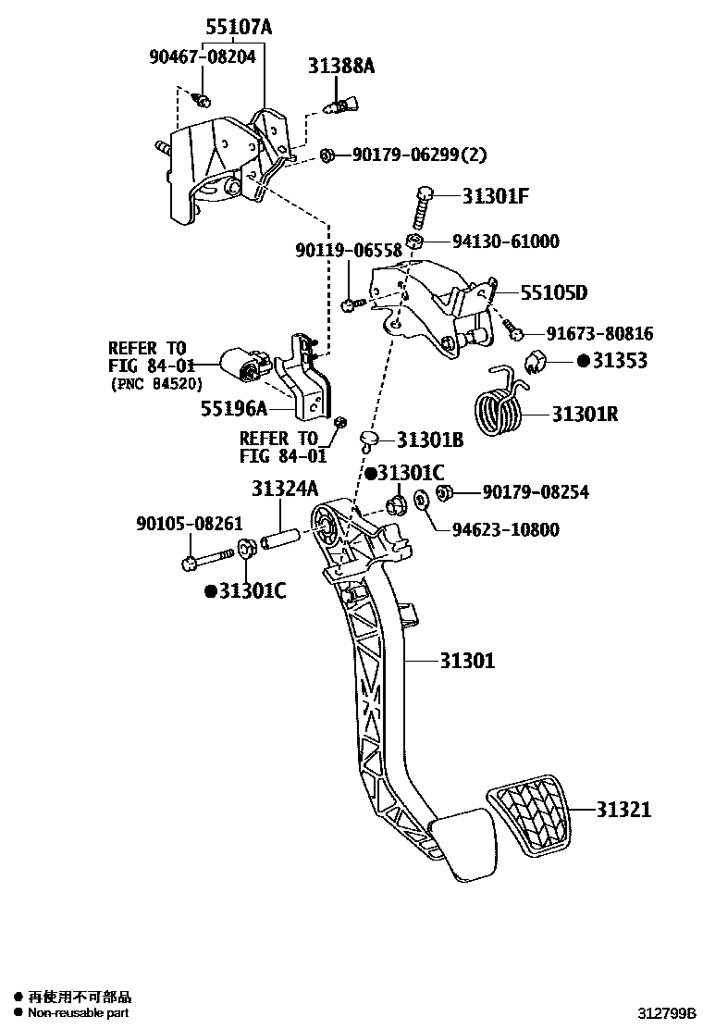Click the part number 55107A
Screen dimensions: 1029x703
239,29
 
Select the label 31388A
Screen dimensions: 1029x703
342,66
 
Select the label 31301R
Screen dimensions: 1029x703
585,414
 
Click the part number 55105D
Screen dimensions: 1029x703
553,293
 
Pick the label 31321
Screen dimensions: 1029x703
623,810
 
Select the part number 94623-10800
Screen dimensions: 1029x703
505,529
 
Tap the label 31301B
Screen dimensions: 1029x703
430,440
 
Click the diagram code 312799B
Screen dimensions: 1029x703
665,1014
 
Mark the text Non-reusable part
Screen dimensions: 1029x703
78,1013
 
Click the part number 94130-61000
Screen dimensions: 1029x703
505,242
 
